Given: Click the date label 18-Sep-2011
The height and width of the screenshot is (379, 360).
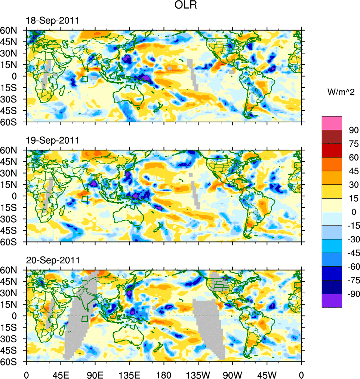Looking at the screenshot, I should click(x=52, y=21).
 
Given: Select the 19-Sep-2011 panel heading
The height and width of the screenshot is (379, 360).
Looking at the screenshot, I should click(x=52, y=141).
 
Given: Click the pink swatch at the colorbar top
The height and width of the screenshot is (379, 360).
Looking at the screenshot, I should click(x=332, y=123).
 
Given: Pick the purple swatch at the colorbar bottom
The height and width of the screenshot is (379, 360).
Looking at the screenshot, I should click(x=332, y=300).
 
